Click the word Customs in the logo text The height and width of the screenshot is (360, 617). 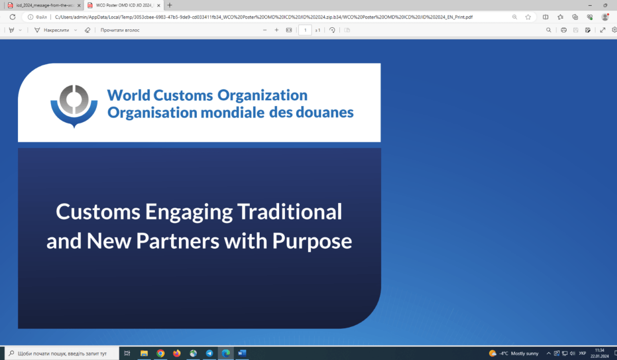tap(183, 95)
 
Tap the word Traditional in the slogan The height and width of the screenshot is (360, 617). tap(289, 211)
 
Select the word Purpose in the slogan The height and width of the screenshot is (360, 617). tap(312, 242)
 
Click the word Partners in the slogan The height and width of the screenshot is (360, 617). tap(178, 241)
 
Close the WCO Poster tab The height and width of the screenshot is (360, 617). tap(159, 5)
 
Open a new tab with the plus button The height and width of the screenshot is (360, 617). tap(170, 5)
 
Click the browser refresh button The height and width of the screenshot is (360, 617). tap(12, 17)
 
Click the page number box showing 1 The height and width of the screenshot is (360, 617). tap(305, 30)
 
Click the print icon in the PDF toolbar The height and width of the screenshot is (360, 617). tap(564, 30)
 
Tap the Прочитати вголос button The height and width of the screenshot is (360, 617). tap(120, 30)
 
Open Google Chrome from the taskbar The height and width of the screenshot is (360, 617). tap(160, 353)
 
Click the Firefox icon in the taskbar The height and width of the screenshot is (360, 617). tap(176, 353)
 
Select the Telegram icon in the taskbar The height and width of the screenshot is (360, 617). tap(209, 353)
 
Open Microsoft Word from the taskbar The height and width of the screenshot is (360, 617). tap(242, 353)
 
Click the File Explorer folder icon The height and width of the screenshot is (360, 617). tap(144, 353)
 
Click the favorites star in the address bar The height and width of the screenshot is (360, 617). tap(528, 17)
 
